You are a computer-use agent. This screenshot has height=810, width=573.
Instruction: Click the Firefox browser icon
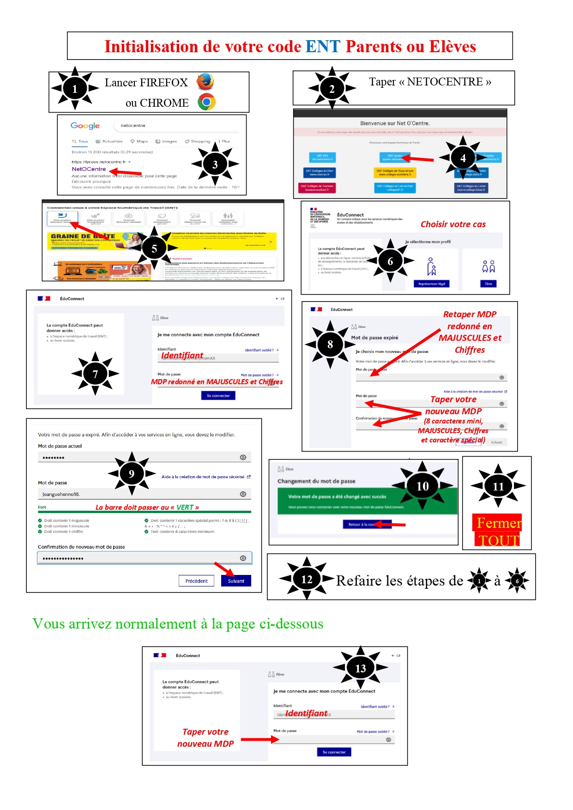(x=205, y=82)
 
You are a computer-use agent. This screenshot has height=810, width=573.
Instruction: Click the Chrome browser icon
(x=206, y=102)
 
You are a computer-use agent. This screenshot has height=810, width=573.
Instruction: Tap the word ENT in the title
(x=323, y=47)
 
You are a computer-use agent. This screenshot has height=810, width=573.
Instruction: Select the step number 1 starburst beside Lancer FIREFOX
(x=75, y=88)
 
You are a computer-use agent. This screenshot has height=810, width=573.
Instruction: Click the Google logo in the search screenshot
(x=85, y=126)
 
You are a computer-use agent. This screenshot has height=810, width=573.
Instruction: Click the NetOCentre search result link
(x=89, y=169)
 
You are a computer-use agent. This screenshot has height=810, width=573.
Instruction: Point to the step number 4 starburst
(x=463, y=158)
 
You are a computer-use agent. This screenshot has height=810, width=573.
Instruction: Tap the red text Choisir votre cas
(x=453, y=224)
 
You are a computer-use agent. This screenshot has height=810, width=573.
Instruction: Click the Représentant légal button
(x=432, y=284)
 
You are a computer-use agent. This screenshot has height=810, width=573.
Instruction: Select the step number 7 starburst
(x=95, y=374)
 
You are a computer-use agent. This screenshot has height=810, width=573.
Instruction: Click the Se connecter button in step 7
(x=218, y=396)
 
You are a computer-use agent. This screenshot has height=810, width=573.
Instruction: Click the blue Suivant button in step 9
(x=236, y=581)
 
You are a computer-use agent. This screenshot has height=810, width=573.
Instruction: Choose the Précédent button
(x=196, y=581)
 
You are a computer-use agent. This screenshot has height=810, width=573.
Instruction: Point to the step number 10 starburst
(x=422, y=486)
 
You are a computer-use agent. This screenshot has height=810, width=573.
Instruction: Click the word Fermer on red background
(x=498, y=523)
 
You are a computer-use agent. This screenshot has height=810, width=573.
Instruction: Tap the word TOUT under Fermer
(x=498, y=540)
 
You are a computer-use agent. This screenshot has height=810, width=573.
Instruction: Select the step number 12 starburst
(x=307, y=579)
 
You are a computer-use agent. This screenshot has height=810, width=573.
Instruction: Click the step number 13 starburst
(x=361, y=668)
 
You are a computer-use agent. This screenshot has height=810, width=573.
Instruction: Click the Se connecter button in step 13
(x=334, y=752)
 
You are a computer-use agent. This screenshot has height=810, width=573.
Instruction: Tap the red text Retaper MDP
(x=470, y=314)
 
